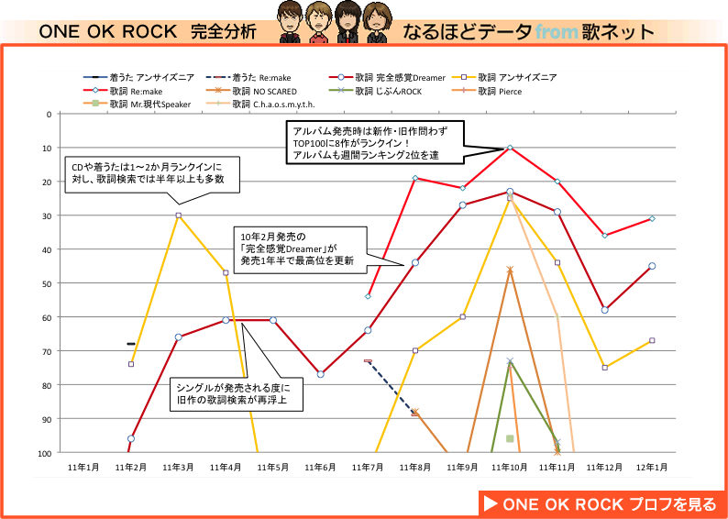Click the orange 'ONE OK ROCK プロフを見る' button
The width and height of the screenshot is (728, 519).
(601, 503)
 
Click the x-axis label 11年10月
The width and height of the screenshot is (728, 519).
(509, 467)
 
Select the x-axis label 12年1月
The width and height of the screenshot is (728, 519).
(651, 467)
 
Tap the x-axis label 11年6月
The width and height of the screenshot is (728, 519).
(320, 467)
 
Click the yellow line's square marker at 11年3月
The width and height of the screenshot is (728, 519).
(178, 215)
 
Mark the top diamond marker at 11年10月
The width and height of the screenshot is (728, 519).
(510, 148)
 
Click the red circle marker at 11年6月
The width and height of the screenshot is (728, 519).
(320, 374)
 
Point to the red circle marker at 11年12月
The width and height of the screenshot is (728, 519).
(604, 310)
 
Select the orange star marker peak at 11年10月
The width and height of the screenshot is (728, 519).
(510, 270)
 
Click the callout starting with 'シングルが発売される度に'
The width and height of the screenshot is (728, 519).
(237, 393)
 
